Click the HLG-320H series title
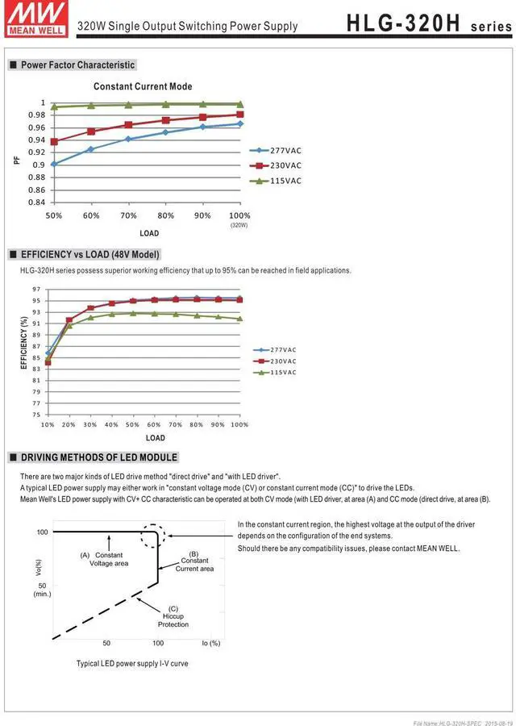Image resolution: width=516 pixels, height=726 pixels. click(427, 23)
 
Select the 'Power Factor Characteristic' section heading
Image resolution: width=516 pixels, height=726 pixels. click(77, 65)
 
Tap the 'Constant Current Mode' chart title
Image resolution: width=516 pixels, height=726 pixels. click(143, 86)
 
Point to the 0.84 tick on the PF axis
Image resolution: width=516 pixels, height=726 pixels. click(36, 202)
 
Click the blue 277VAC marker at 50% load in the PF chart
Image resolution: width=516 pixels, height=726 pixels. click(54, 164)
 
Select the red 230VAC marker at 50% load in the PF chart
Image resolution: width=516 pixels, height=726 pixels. click(54, 142)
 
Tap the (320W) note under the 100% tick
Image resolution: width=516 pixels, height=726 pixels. click(239, 226)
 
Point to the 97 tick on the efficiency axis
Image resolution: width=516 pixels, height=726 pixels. click(36, 290)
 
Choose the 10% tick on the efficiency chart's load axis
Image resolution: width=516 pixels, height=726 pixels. click(48, 424)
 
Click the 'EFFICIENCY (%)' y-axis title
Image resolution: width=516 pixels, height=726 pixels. click(24, 344)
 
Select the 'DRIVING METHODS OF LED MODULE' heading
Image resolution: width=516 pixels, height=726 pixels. click(98, 457)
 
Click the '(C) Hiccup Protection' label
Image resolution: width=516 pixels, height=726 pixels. click(173, 616)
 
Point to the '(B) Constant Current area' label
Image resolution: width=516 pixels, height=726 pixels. click(194, 561)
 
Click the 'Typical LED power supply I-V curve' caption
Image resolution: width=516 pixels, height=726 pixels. click(132, 663)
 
